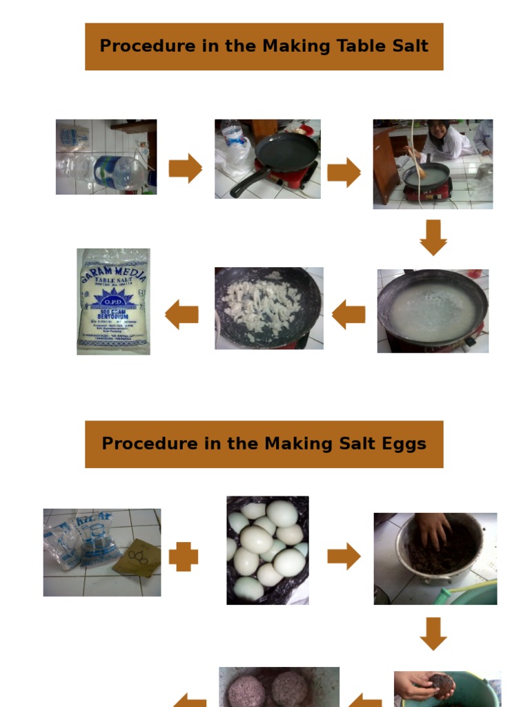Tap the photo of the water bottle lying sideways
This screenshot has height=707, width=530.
click(106, 157)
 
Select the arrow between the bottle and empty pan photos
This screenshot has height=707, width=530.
click(185, 168)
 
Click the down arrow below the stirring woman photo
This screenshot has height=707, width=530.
click(433, 237)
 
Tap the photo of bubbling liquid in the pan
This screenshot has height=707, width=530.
click(433, 311)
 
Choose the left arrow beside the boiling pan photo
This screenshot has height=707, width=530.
click(349, 315)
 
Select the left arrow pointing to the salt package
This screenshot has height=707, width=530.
click(182, 315)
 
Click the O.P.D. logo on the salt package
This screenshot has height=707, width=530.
click(112, 301)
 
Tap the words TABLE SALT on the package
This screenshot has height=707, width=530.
click(112, 282)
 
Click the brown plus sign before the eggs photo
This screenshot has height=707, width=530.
click(184, 556)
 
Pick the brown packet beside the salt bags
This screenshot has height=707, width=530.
click(142, 558)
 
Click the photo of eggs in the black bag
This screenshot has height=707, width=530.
click(268, 550)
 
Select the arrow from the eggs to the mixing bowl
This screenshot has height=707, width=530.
click(344, 556)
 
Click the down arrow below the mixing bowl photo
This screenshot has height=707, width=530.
click(433, 633)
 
